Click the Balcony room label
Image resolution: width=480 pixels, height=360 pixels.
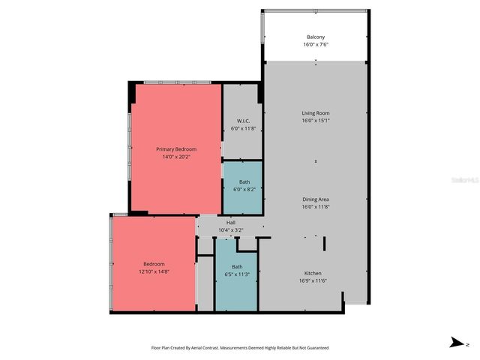coord(315,37)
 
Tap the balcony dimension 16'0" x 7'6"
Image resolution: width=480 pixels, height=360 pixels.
coord(315,45)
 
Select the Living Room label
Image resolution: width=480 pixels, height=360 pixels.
coord(316,112)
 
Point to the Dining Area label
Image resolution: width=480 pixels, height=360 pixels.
coord(316,199)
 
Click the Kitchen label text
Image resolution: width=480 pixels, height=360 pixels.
coord(313,273)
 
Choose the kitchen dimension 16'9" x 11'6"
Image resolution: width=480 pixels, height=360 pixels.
coord(313,280)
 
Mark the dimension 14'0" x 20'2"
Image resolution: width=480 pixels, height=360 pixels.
coord(176,157)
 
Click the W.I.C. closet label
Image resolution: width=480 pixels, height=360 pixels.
coord(243,121)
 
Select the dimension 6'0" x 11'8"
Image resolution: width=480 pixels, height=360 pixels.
coord(243,128)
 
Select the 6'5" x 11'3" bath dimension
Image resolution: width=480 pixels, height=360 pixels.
coord(237,274)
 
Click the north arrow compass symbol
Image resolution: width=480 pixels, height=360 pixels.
coord(457,343)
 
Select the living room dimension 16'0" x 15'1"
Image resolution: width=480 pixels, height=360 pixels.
coord(316,120)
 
